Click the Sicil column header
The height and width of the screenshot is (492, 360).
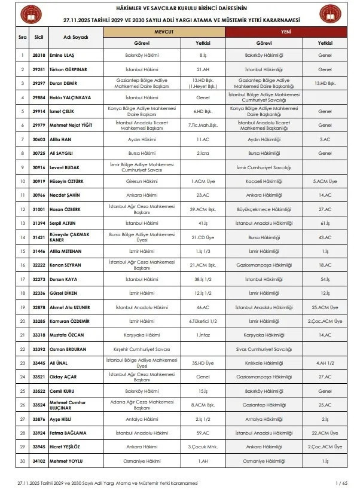tap(39, 37)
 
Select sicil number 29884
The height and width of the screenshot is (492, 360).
tap(39, 97)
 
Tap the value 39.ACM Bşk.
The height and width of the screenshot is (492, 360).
tap(203, 210)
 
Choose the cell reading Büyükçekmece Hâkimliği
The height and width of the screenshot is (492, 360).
tap(264, 210)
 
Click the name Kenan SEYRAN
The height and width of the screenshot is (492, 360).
tap(65, 264)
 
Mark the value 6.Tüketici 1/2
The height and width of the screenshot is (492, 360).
tap(203, 321)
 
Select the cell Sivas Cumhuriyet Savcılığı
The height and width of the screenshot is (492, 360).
tap(264, 349)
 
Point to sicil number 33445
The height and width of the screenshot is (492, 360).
tap(39, 363)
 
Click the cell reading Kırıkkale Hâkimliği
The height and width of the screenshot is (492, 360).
tap(264, 363)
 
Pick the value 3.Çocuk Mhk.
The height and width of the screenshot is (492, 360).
tap(203, 447)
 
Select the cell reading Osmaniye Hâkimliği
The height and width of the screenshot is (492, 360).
tap(264, 461)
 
